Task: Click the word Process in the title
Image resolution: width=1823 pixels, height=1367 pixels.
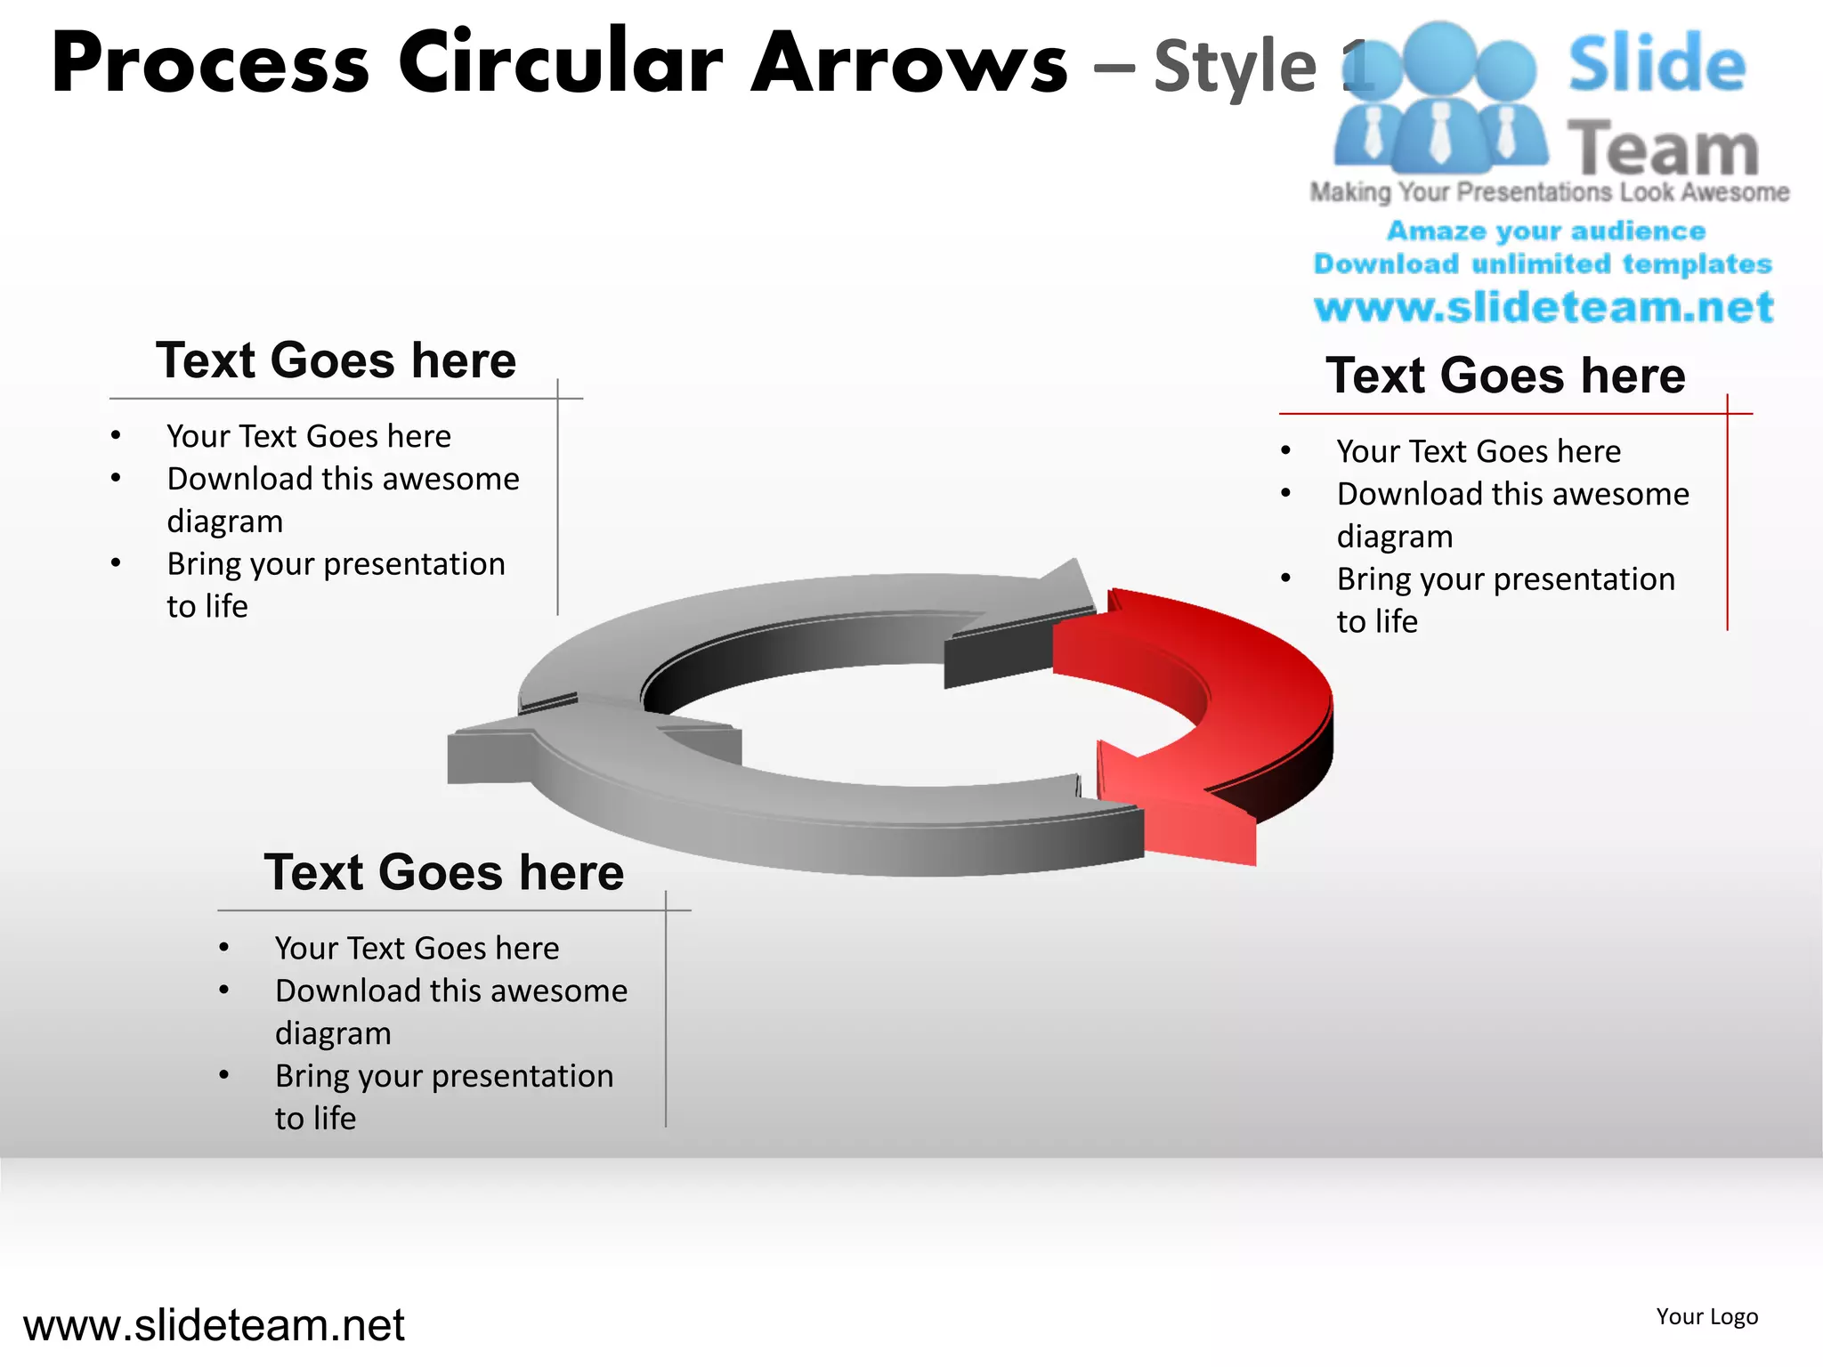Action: (210, 64)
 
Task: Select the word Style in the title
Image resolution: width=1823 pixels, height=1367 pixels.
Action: (1235, 66)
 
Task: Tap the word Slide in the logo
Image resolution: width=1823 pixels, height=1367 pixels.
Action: (1657, 64)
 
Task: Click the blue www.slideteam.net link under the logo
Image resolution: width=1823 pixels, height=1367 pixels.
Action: (1543, 308)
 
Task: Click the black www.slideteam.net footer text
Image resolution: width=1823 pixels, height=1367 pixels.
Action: (214, 1325)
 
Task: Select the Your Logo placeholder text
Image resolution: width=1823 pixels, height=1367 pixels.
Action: (1706, 1316)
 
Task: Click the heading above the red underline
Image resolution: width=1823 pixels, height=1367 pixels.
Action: (1505, 376)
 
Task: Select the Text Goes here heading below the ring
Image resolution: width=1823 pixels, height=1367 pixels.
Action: (443, 872)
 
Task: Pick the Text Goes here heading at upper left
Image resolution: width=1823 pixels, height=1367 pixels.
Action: (336, 360)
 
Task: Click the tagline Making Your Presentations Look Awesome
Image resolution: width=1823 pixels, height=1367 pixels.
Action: (1549, 192)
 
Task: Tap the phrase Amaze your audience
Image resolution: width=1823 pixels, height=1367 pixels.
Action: (1545, 231)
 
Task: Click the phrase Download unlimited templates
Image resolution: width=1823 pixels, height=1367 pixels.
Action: (1543, 264)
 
